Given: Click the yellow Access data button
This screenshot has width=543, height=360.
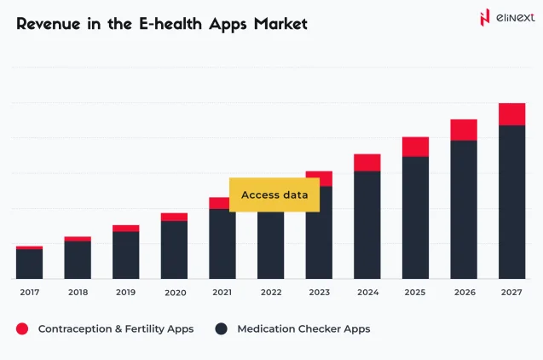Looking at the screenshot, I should pyautogui.click(x=274, y=195).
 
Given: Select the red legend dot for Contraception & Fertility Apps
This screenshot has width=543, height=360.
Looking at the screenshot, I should pyautogui.click(x=22, y=328).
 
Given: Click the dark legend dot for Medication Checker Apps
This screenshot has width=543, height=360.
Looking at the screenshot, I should pyautogui.click(x=222, y=328).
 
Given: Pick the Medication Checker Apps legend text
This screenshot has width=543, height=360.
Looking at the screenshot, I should pyautogui.click(x=303, y=328).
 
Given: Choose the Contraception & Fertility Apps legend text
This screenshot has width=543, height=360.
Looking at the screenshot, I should pyautogui.click(x=115, y=328).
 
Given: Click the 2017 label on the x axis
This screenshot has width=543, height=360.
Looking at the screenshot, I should pyautogui.click(x=29, y=293).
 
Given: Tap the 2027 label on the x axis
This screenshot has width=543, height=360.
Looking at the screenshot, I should pyautogui.click(x=511, y=293).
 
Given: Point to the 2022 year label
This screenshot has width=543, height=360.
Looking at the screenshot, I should pyautogui.click(x=270, y=293).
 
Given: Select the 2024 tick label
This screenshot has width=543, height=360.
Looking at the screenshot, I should pyautogui.click(x=367, y=293).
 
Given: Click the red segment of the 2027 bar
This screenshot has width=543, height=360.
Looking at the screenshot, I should pyautogui.click(x=511, y=114).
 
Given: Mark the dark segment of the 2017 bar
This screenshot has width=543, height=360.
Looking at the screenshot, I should pyautogui.click(x=29, y=264).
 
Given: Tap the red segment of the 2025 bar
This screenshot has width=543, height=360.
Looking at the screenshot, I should pyautogui.click(x=415, y=147).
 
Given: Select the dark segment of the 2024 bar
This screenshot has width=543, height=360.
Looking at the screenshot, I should pyautogui.click(x=367, y=225).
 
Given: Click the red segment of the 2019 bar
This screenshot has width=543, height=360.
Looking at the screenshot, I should pyautogui.click(x=125, y=228).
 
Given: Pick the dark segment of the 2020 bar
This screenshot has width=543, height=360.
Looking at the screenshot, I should pyautogui.click(x=174, y=250).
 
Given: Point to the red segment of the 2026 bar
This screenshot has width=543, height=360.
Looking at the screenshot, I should pyautogui.click(x=464, y=130).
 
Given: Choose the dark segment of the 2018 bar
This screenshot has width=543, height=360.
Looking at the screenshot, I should pyautogui.click(x=78, y=259).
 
